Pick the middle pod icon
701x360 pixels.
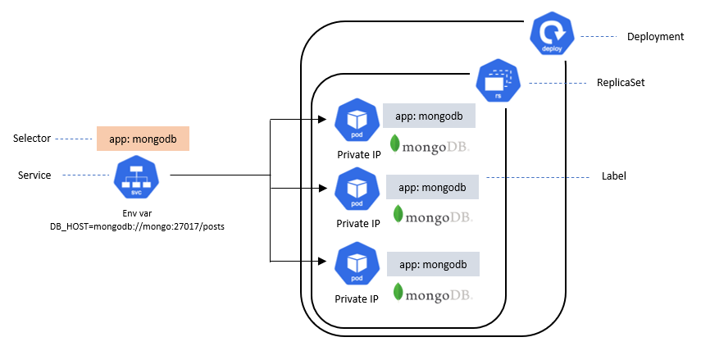click(357, 190)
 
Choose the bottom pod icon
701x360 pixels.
click(357, 264)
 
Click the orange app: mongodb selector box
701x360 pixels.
click(143, 139)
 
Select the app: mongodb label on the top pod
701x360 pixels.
click(429, 116)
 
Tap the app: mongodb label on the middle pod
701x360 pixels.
click(432, 187)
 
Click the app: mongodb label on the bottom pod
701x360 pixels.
click(432, 265)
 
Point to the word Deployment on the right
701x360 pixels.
click(654, 37)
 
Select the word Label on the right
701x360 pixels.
click(613, 176)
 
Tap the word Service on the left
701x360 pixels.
click(34, 175)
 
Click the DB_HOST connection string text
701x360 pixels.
click(137, 226)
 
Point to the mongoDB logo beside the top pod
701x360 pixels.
click(430, 144)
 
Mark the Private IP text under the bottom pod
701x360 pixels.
click(357, 298)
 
